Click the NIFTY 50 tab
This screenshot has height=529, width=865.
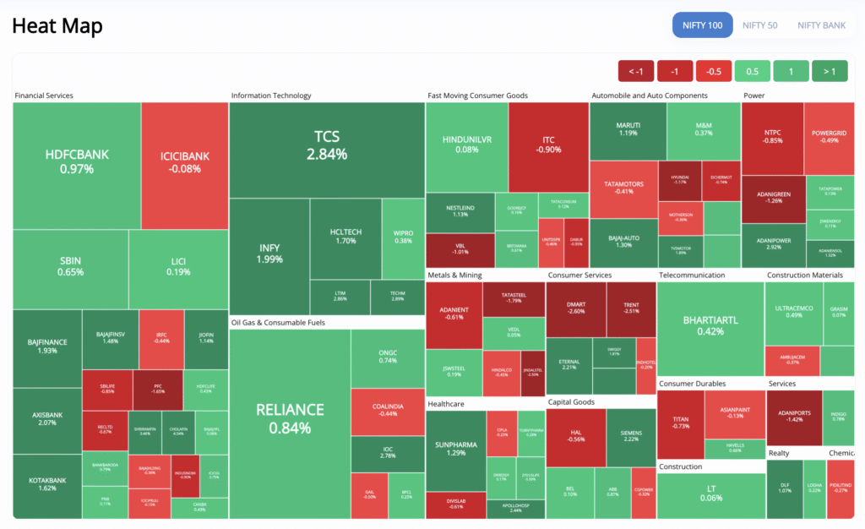tap(759, 25)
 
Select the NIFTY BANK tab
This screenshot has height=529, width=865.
tap(821, 25)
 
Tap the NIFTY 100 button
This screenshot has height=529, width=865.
tap(703, 25)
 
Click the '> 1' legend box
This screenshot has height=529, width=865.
tap(830, 71)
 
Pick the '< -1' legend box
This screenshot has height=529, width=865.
tap(635, 71)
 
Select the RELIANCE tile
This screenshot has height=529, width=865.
tap(290, 418)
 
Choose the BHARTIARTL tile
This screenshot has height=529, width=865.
tap(710, 325)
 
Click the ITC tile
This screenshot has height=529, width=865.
tap(548, 144)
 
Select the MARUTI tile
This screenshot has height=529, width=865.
tap(627, 128)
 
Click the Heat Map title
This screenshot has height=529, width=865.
tap(57, 26)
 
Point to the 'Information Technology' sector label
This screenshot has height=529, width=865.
tap(271, 95)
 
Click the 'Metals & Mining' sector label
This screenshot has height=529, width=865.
tap(454, 275)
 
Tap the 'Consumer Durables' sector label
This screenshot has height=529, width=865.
tap(694, 383)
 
